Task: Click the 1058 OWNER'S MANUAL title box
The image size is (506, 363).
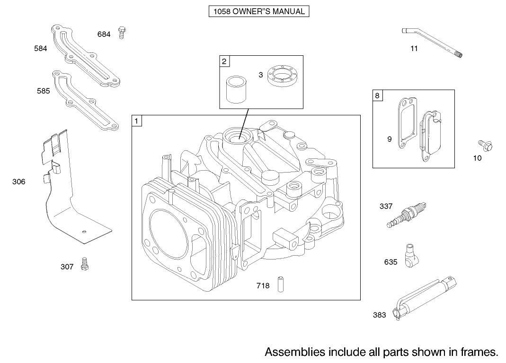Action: coord(258,11)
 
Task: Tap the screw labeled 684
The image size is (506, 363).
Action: coord(122,33)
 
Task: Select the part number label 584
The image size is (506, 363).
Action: coord(41,48)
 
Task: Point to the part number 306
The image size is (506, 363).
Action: coord(19,181)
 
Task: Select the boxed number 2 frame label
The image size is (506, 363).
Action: coord(224,60)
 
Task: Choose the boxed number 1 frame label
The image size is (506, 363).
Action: coord(136,121)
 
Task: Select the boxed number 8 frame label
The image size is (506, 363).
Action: coord(377,95)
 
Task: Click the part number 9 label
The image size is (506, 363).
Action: coord(389,139)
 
